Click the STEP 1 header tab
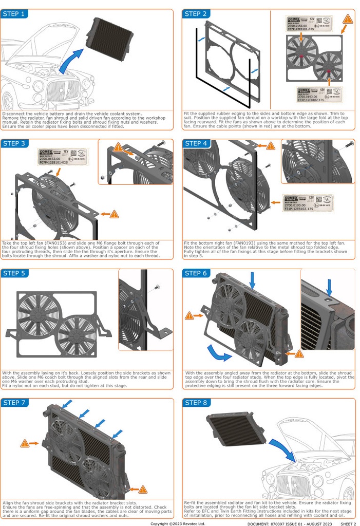coord(14,14)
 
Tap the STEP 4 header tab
coord(196,143)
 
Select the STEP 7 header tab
coord(14,403)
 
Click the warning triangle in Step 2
coord(348,20)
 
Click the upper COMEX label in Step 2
coord(307,24)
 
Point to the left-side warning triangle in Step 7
coord(24,443)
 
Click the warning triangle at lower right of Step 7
coord(143,489)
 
